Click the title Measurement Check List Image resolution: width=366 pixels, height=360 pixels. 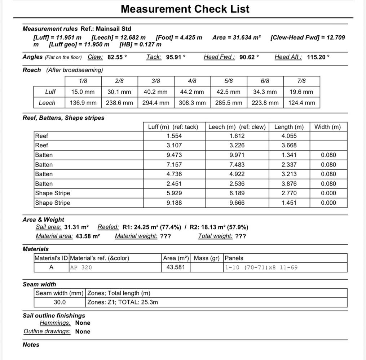(x=185, y=9)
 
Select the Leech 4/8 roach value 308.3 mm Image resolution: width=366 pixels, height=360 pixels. (x=192, y=103)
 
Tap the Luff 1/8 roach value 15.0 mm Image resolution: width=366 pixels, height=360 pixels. (x=83, y=92)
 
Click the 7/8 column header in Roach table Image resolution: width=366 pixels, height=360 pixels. (x=301, y=81)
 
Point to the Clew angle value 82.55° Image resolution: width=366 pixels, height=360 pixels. (x=117, y=57)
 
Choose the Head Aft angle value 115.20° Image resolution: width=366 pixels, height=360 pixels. (x=318, y=57)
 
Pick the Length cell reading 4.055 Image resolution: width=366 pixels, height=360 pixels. (x=289, y=136)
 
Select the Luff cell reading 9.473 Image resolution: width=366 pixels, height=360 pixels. (x=174, y=155)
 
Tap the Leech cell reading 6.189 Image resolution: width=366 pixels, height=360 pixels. (x=237, y=193)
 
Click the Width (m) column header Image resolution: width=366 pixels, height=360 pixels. (x=327, y=127)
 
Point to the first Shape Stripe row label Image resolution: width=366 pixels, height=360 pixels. (x=53, y=193)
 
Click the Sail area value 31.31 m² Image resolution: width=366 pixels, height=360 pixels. (x=76, y=227)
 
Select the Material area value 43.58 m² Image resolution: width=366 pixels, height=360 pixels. (x=88, y=236)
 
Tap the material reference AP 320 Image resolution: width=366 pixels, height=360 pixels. (x=81, y=267)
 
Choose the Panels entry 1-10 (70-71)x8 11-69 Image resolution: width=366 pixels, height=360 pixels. (x=261, y=267)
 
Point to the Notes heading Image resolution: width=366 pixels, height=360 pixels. (x=31, y=345)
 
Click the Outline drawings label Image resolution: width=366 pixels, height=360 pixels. (x=47, y=331)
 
